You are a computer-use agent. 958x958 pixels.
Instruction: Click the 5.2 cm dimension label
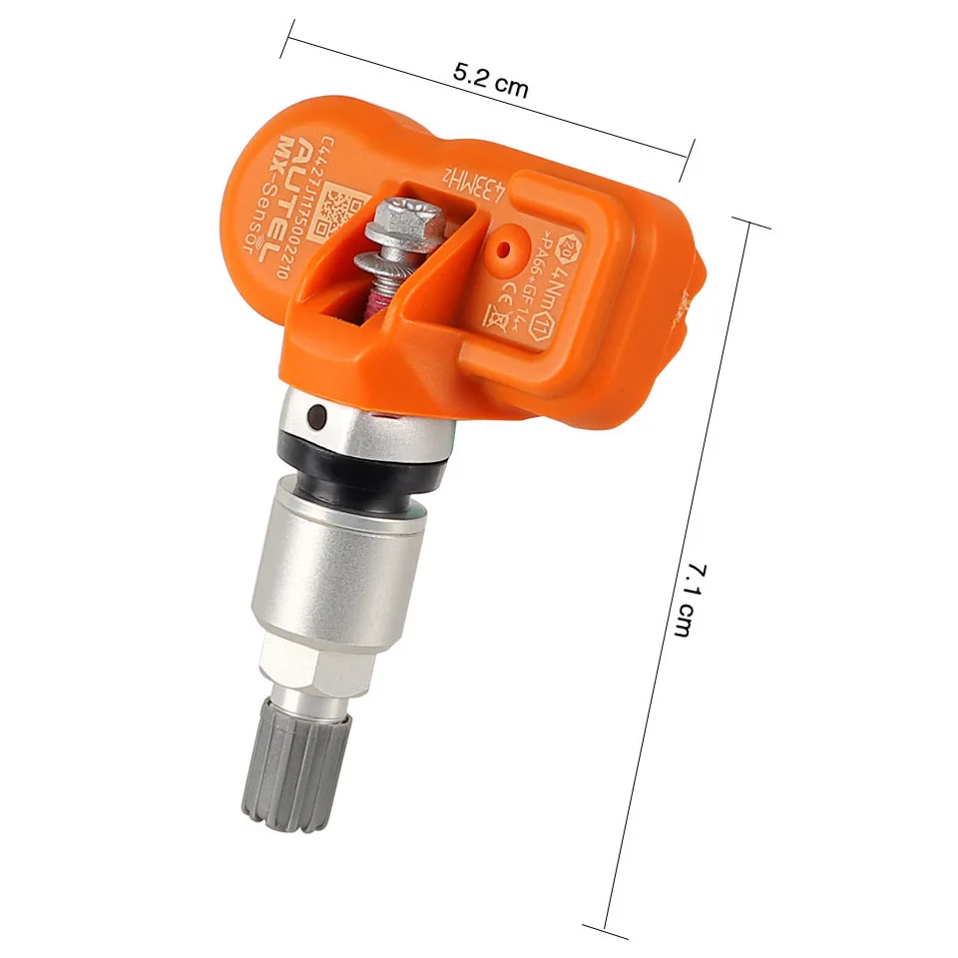tap(490, 80)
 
